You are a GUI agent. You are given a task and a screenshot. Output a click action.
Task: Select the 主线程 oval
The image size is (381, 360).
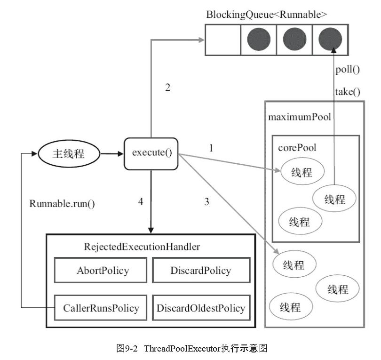pyautogui.click(x=68, y=153)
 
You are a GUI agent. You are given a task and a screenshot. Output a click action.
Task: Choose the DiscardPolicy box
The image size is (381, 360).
pyautogui.click(x=200, y=271)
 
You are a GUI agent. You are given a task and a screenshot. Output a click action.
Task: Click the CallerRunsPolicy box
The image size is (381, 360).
pyautogui.click(x=101, y=308)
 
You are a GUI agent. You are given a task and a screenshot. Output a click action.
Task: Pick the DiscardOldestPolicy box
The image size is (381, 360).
pyautogui.click(x=201, y=308)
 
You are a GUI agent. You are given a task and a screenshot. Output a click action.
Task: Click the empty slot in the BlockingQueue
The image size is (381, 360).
pyautogui.click(x=222, y=39)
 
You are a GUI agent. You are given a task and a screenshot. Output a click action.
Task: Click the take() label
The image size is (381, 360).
pyautogui.click(x=347, y=91)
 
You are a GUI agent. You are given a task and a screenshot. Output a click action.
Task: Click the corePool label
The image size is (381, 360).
pyautogui.click(x=296, y=147)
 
